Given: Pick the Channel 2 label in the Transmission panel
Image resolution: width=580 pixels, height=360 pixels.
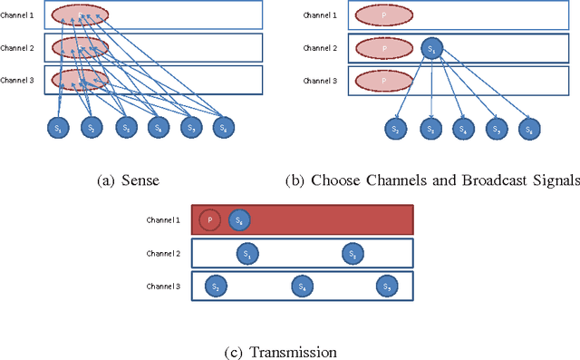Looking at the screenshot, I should (x=163, y=254).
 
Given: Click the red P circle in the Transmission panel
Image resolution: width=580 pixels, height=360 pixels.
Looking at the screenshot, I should (x=210, y=219).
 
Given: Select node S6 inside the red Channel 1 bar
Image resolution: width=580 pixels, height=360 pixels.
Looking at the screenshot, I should (x=239, y=219).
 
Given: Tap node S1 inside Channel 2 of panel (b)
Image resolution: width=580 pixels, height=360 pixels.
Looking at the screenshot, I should (x=431, y=48).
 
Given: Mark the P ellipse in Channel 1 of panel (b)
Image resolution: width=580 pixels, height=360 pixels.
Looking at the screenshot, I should (x=383, y=15).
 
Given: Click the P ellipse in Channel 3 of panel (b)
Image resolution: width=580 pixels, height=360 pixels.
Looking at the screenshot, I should (x=383, y=80).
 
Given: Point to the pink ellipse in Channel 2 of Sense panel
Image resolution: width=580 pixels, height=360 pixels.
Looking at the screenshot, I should (x=80, y=48).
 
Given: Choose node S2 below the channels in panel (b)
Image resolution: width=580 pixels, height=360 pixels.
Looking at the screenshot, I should (x=396, y=129).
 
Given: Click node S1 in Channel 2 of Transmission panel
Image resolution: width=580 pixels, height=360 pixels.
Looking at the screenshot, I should (x=246, y=255).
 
